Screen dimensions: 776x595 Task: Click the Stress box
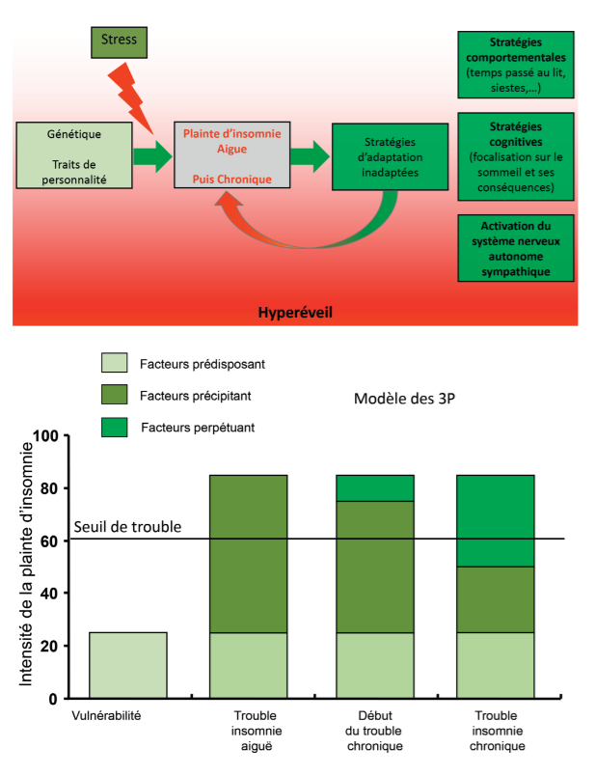(121, 42)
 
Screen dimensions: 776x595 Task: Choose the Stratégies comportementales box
(515, 63)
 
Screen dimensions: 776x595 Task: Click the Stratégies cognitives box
(515, 155)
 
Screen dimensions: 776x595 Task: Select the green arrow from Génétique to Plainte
(151, 155)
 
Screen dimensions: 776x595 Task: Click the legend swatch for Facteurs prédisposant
(114, 364)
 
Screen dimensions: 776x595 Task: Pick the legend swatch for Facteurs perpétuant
(114, 426)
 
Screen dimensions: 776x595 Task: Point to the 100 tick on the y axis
(45, 436)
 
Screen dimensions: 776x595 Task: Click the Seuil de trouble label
(127, 528)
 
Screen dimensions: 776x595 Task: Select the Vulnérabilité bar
(127, 664)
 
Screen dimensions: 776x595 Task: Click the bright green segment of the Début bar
(374, 487)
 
